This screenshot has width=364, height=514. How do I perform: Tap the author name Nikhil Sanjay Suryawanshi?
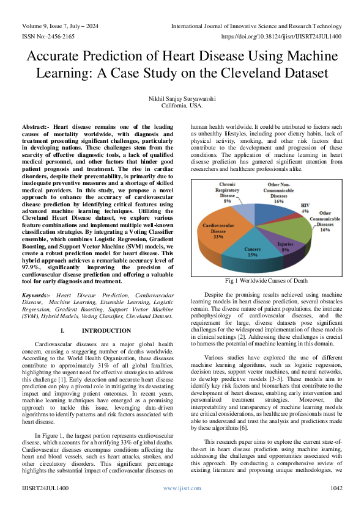(x=182, y=97)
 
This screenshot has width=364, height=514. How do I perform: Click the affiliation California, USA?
(x=182, y=105)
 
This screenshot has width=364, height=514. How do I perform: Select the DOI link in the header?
(x=289, y=37)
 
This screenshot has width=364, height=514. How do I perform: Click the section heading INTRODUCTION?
(x=106, y=330)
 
